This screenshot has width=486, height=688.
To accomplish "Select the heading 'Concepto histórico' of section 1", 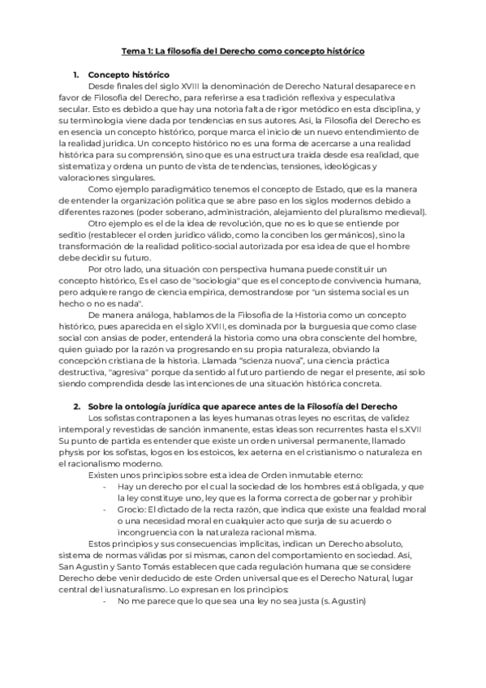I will pos(124,75).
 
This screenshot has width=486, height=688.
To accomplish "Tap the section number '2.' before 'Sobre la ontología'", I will pos(76,405).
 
